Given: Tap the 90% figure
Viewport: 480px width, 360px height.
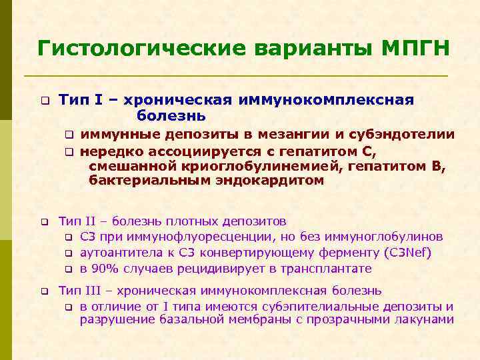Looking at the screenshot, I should [x=105, y=269].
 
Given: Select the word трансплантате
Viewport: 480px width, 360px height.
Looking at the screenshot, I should [x=320, y=269].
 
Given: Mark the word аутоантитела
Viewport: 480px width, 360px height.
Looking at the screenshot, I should [x=118, y=253].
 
